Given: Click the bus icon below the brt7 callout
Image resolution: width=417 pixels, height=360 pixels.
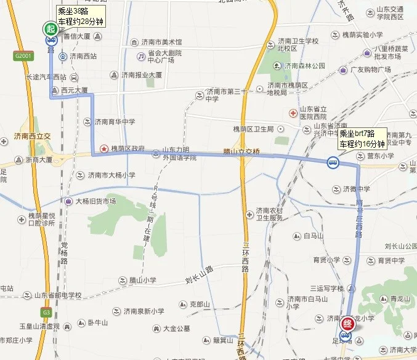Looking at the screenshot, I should (332, 163).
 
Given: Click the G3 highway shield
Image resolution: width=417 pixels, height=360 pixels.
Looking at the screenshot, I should (46, 311).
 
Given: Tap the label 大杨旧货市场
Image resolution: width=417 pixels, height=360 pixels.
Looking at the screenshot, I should (99, 201).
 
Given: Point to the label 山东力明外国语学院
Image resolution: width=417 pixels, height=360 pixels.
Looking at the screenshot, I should (179, 153).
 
